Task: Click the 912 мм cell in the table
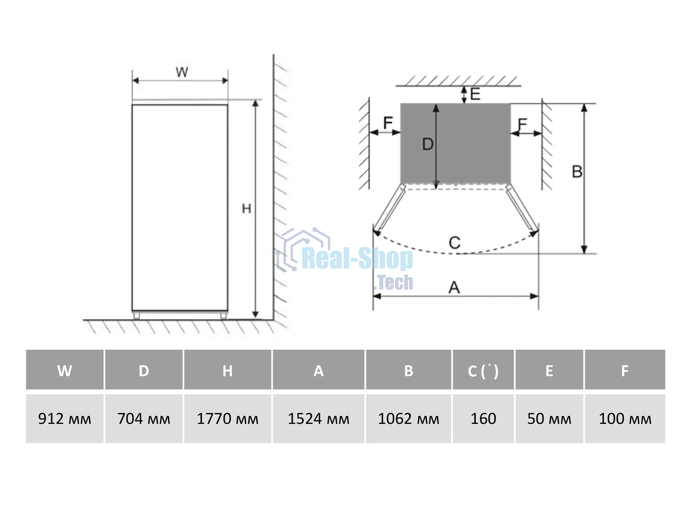pyautogui.click(x=65, y=419)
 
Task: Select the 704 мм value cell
pyautogui.click(x=144, y=419)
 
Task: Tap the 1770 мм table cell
pyautogui.click(x=227, y=419)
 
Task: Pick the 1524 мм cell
pyautogui.click(x=319, y=419)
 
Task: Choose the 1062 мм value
pyautogui.click(x=409, y=419)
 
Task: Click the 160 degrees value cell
pyautogui.click(x=483, y=419)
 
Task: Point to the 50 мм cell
pyautogui.click(x=549, y=419)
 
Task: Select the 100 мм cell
pyautogui.click(x=625, y=419)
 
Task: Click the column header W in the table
pyautogui.click(x=65, y=370)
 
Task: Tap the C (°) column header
pyautogui.click(x=483, y=370)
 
